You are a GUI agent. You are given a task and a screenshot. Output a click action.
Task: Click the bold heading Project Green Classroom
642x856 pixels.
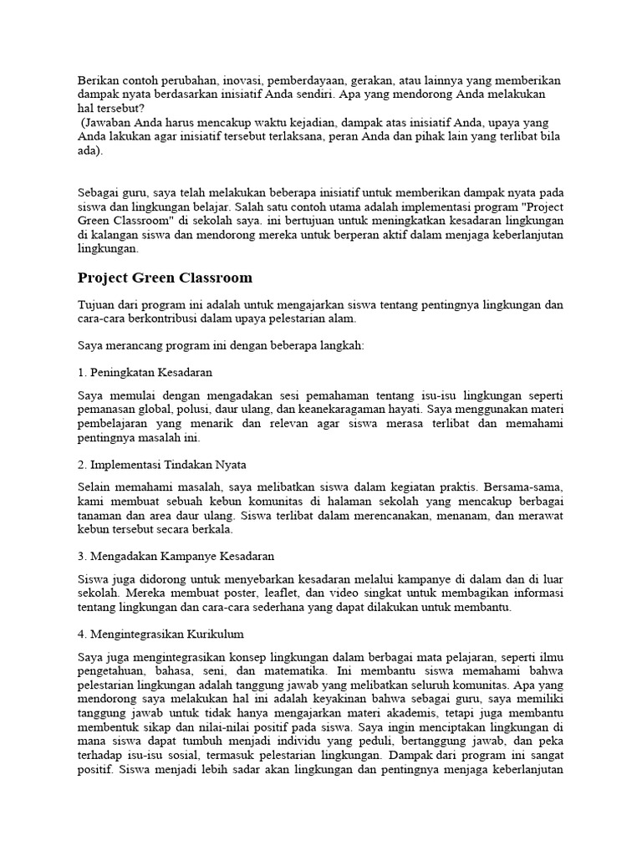165,278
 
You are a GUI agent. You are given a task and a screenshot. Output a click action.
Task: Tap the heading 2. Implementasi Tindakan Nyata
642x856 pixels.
162,463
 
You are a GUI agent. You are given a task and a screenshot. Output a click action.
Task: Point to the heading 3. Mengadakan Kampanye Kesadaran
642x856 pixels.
176,556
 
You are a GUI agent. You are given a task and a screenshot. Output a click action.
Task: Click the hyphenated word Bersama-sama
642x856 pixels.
529,486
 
